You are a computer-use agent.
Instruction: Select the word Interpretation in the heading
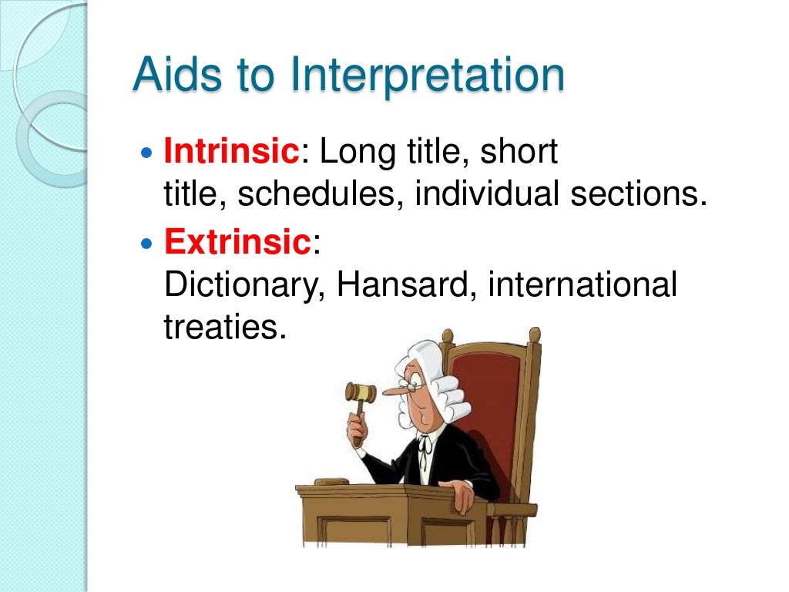(x=427, y=77)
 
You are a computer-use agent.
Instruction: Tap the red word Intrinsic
(x=231, y=153)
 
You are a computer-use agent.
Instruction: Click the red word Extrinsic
(x=237, y=243)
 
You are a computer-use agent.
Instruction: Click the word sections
(x=638, y=195)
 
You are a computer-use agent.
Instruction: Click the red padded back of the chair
(x=489, y=401)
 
